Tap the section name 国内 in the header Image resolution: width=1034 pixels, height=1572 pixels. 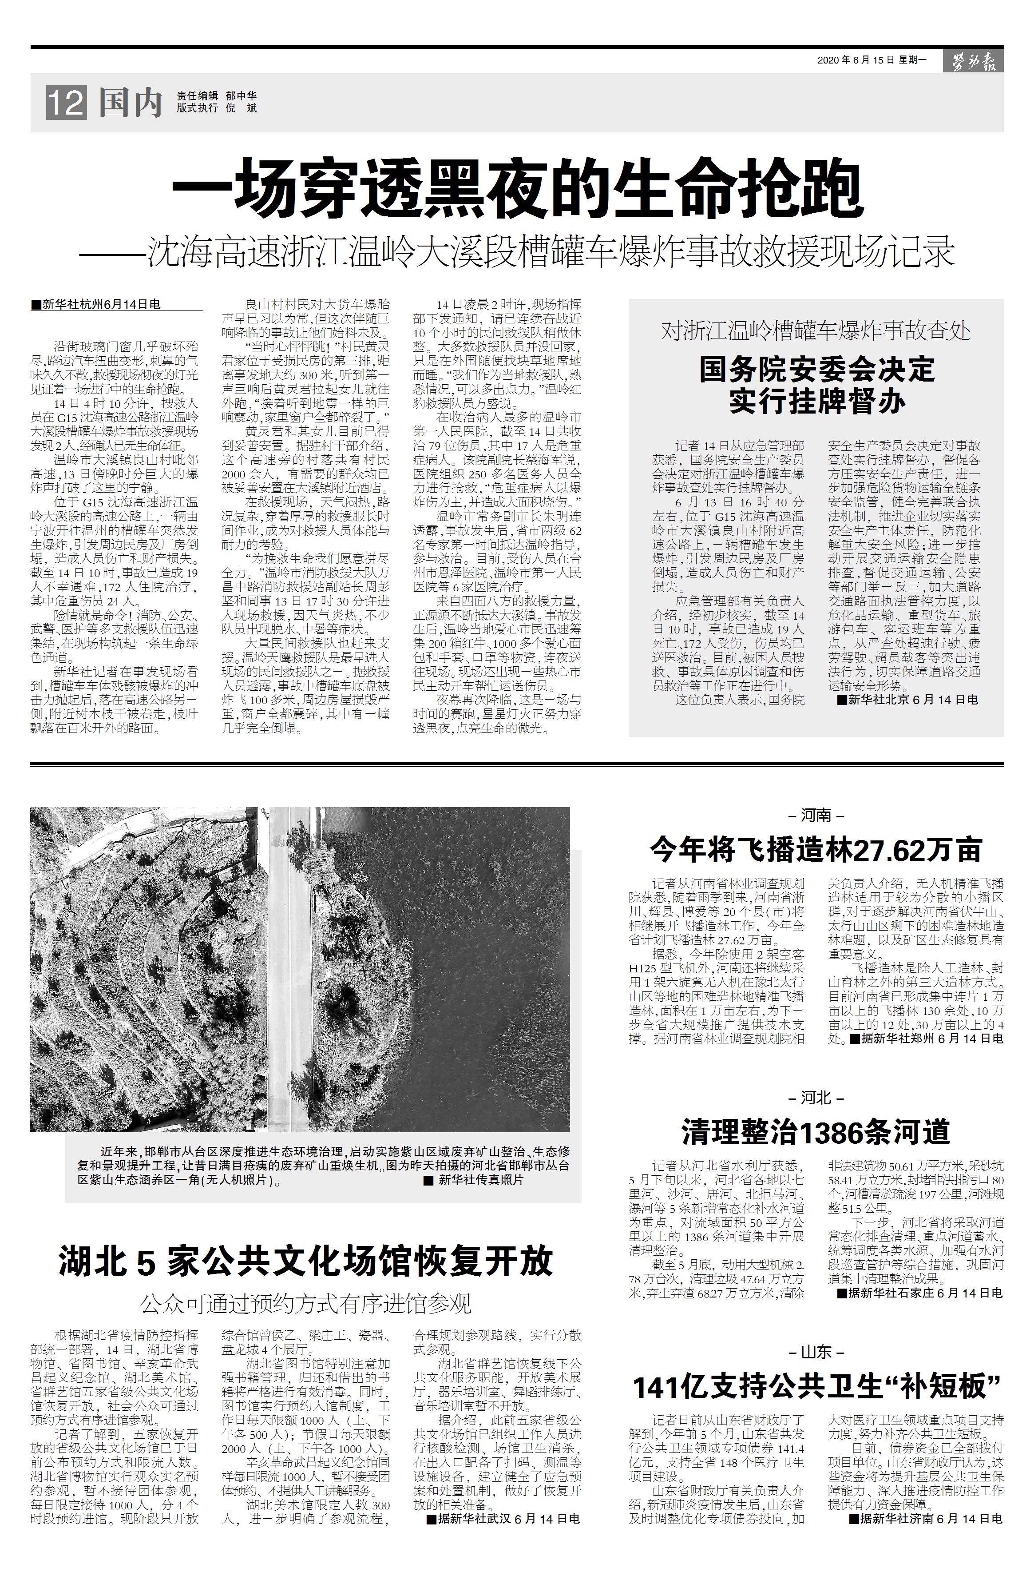pyautogui.click(x=131, y=103)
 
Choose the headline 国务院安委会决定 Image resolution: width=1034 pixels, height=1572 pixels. pyautogui.click(x=817, y=369)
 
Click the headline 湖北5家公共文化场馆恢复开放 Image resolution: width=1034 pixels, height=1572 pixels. pyautogui.click(x=306, y=1261)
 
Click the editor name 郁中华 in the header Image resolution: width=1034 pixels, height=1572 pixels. pyautogui.click(x=241, y=96)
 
